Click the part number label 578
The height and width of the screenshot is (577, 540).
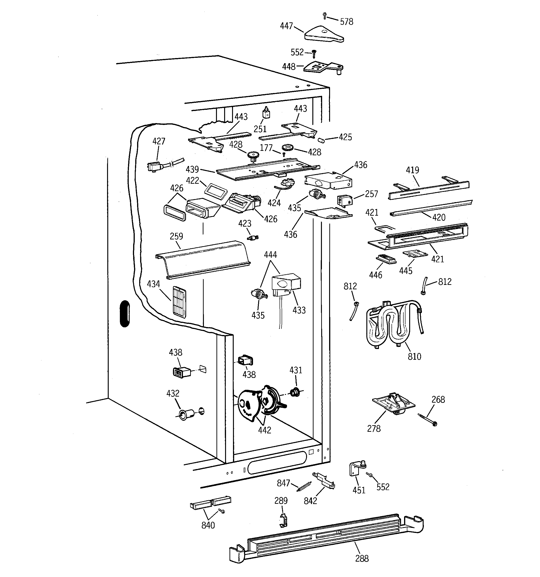[x=346, y=22]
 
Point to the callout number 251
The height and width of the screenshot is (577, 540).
[x=260, y=129]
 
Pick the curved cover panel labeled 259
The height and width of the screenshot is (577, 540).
[x=203, y=259]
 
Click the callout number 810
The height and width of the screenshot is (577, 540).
[x=414, y=356]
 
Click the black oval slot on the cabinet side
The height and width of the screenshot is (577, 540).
[x=125, y=314]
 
